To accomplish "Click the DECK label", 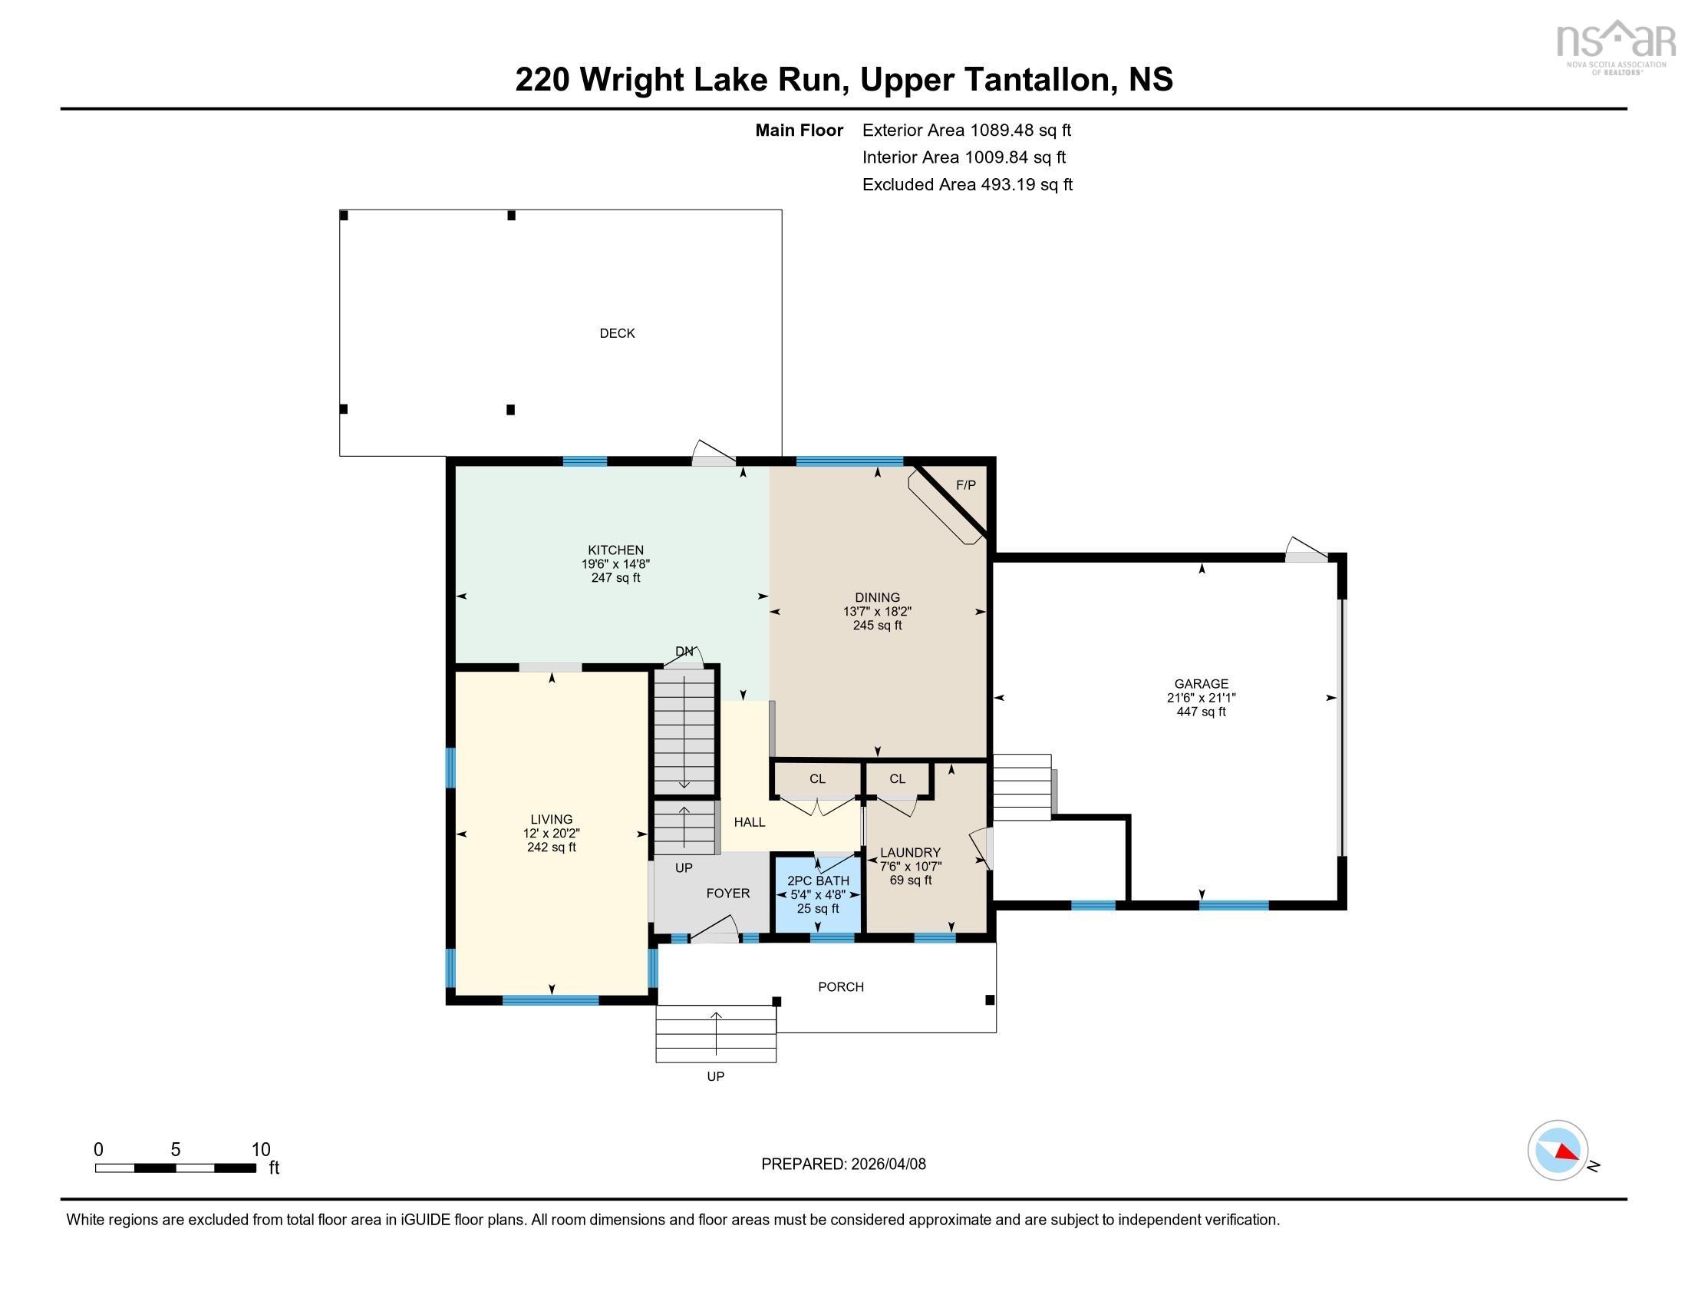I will coord(617,333).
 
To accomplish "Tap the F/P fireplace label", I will coord(965,485).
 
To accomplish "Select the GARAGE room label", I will coord(1200,683).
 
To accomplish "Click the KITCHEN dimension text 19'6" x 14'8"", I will coord(615,564).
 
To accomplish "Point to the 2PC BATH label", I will coord(818,880).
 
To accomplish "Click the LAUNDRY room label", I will coord(910,853).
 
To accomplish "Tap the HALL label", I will coord(749,822).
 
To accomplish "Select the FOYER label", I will coord(727,893).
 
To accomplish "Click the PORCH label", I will coord(840,986).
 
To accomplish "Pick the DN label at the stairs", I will coord(684,652).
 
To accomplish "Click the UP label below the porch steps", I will coord(715,1076).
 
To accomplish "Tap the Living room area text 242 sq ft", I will coord(551,847).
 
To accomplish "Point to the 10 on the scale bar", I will coord(260,1150).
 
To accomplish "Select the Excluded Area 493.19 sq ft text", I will coord(967,185).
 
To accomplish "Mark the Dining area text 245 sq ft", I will coord(876,626).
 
